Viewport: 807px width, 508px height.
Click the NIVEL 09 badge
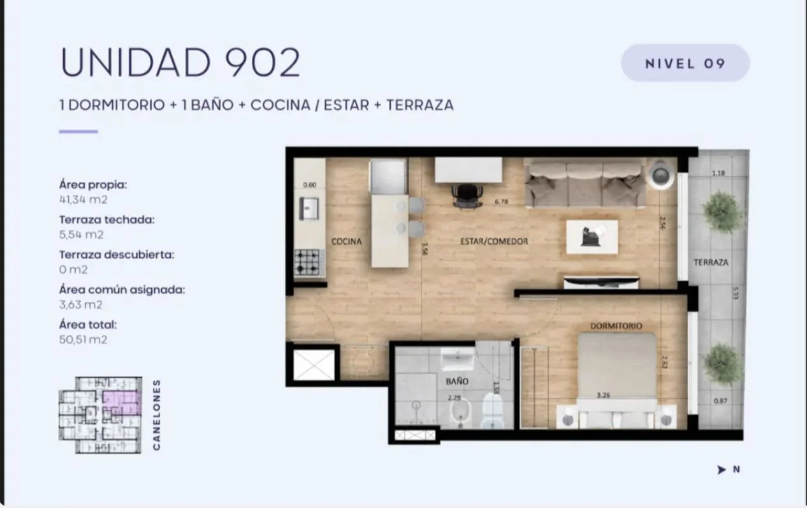coord(685,63)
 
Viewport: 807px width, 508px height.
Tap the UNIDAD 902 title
coord(180,62)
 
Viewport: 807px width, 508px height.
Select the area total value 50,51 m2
coord(84,340)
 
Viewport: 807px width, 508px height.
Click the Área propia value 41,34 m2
coord(84,200)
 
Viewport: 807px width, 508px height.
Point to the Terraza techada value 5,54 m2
coord(82,234)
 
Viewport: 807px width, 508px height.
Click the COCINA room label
coord(346,241)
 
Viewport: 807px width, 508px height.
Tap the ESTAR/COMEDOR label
coord(494,241)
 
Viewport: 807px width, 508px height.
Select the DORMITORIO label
coord(616,326)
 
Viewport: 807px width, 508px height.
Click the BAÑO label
coord(457,381)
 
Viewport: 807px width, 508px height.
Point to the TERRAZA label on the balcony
coord(711,262)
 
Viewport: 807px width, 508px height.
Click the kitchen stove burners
coord(307,262)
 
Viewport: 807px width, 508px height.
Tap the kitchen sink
coord(309,209)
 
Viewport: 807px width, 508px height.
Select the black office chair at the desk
coord(467,197)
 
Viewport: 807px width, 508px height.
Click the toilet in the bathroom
coord(493,410)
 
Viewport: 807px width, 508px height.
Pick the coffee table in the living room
coord(592,237)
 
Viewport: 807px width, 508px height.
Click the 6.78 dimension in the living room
coord(501,202)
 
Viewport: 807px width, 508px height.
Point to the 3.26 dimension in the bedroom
coord(603,395)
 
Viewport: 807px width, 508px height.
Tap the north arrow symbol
coord(721,470)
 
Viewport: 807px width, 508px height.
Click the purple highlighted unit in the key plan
coord(120,402)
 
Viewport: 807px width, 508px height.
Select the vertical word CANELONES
coord(156,415)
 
